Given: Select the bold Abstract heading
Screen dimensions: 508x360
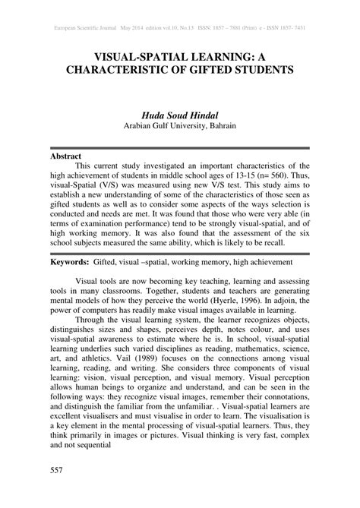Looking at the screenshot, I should pos(65,155).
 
